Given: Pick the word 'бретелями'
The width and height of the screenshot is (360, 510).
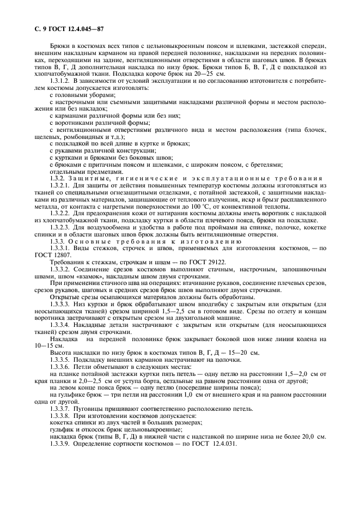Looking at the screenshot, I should click(264, 165).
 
